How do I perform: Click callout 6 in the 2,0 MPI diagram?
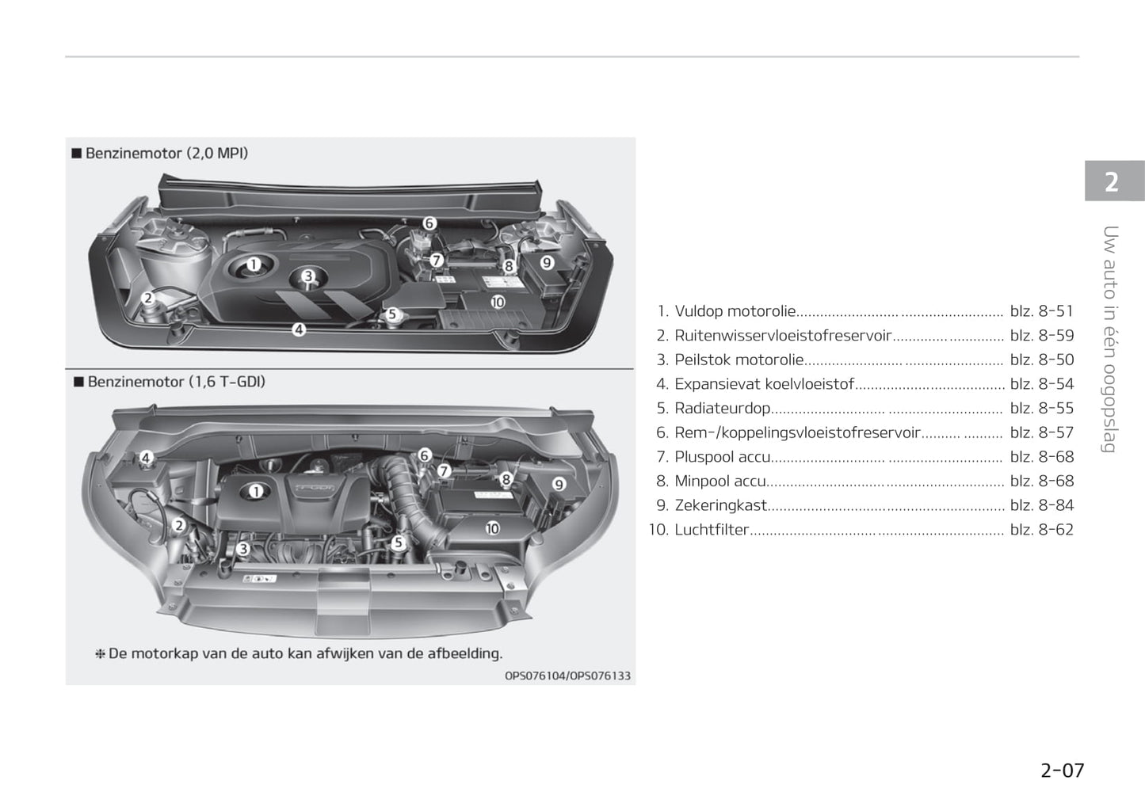coord(429,223)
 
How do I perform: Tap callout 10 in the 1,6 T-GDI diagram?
coord(492,528)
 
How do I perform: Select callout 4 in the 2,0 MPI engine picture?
coord(299,329)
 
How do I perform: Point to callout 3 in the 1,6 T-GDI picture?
coord(243,549)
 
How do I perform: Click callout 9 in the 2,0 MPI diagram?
coord(547,262)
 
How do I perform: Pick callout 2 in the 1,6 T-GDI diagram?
coord(179,525)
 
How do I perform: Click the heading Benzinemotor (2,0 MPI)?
coord(166,153)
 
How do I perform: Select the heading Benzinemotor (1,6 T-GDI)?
coord(177,382)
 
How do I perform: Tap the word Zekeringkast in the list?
coord(721,505)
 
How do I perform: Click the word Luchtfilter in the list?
coord(712,529)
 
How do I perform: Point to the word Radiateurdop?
coord(723,408)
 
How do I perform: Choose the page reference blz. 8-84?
coord(1042,505)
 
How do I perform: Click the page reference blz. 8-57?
coord(1042,432)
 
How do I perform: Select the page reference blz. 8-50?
coord(1042,360)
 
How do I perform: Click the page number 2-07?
coord(1062,771)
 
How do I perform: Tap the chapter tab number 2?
coord(1111,182)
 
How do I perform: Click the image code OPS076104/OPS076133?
coord(567,676)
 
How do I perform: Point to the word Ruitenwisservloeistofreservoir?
coord(783,336)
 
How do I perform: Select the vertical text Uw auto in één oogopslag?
coord(1109,339)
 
